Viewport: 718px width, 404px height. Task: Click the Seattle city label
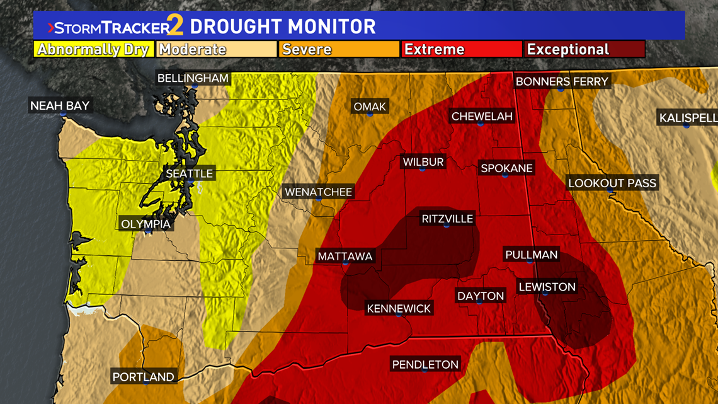pyautogui.click(x=190, y=173)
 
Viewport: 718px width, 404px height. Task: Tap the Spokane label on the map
pyautogui.click(x=506, y=168)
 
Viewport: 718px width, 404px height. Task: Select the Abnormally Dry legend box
pyautogui.click(x=93, y=49)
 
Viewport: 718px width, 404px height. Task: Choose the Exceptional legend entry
pyautogui.click(x=584, y=49)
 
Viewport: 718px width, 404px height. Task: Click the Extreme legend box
pyautogui.click(x=461, y=49)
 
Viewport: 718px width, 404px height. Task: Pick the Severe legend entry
pyautogui.click(x=338, y=49)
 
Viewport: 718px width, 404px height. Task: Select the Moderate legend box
pyautogui.click(x=216, y=49)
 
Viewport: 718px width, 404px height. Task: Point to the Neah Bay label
pyautogui.click(x=60, y=106)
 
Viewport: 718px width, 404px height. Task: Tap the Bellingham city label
pyautogui.click(x=193, y=79)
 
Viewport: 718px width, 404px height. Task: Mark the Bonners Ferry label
pyautogui.click(x=562, y=81)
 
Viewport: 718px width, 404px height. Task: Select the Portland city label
pyautogui.click(x=143, y=377)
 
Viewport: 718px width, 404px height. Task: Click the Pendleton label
pyautogui.click(x=425, y=364)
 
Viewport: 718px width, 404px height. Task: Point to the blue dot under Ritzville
pyautogui.click(x=447, y=225)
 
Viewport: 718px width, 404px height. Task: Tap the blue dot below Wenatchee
pyautogui.click(x=319, y=199)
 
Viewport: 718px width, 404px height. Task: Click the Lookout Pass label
pyautogui.click(x=612, y=183)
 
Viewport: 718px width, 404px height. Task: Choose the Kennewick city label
pyautogui.click(x=399, y=308)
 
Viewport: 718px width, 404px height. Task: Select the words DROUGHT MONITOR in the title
pyautogui.click(x=283, y=27)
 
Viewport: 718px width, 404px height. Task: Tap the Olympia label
pyautogui.click(x=145, y=224)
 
